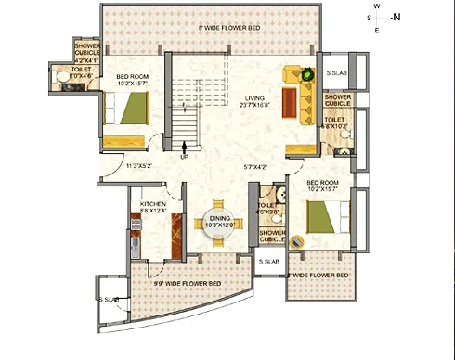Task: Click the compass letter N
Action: (396, 17)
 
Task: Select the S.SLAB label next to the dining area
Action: (268, 262)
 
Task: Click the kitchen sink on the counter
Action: (136, 246)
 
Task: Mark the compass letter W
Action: (376, 5)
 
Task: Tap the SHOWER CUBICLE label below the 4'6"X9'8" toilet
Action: (272, 236)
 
